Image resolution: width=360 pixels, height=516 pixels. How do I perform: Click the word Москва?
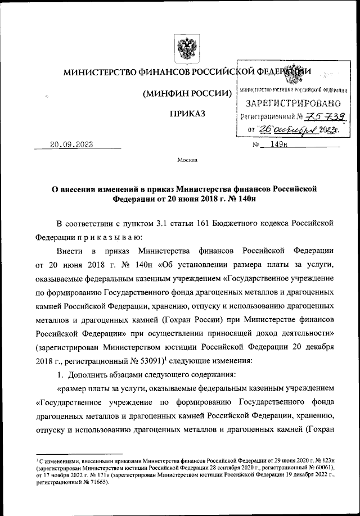187,160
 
